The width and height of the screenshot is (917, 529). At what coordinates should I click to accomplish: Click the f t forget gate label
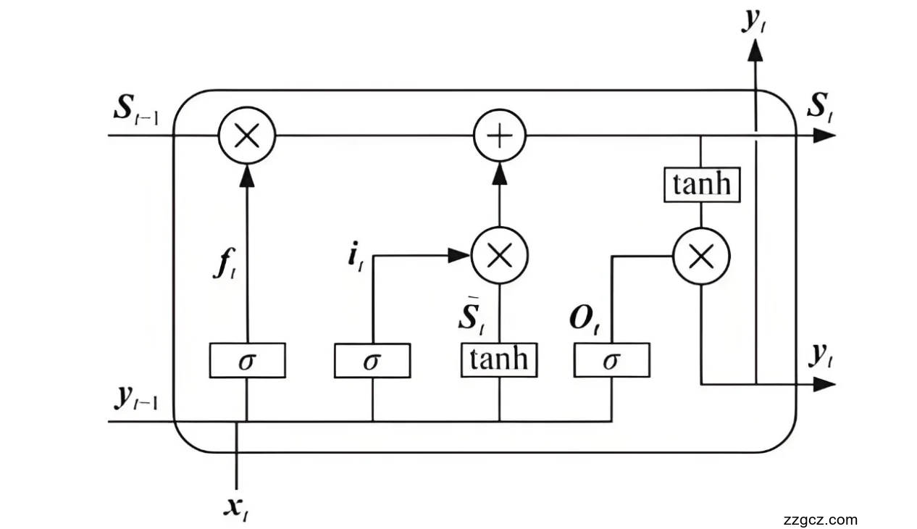tap(224, 267)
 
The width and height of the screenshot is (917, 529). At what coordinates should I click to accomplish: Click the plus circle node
tap(499, 136)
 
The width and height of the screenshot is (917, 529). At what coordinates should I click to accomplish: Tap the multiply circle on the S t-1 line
tap(247, 136)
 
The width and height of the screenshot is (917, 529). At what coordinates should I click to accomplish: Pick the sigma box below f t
tap(247, 360)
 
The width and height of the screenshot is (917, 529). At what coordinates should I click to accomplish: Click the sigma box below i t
tap(372, 360)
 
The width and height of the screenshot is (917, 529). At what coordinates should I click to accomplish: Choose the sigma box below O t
tap(611, 360)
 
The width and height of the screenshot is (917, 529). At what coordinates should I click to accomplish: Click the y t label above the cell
tap(753, 22)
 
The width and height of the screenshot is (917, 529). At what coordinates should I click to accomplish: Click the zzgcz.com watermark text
tap(820, 520)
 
